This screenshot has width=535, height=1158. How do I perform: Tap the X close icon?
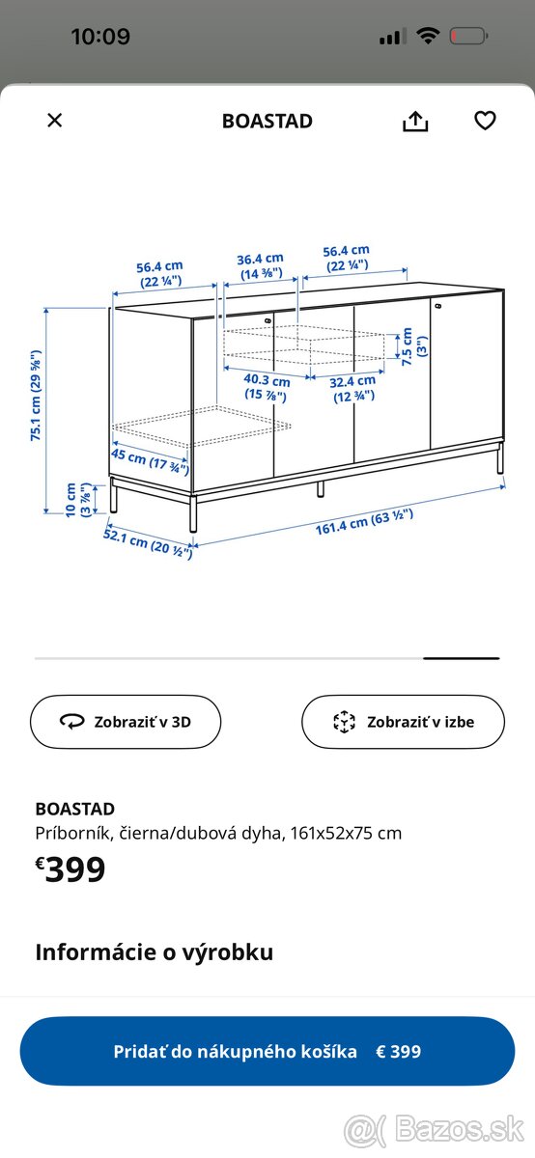click(55, 120)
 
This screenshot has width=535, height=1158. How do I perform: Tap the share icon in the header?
click(415, 121)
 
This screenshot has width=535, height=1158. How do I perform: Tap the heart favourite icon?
click(485, 121)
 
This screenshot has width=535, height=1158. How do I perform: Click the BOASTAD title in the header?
click(267, 122)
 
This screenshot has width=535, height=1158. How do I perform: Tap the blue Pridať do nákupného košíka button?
click(267, 1051)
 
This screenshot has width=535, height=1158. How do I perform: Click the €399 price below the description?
click(70, 870)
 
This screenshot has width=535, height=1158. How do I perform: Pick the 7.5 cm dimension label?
click(407, 345)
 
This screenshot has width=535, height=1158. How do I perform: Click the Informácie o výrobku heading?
click(155, 952)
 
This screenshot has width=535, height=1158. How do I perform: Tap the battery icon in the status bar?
click(469, 37)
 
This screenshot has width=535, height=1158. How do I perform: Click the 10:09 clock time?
click(100, 37)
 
